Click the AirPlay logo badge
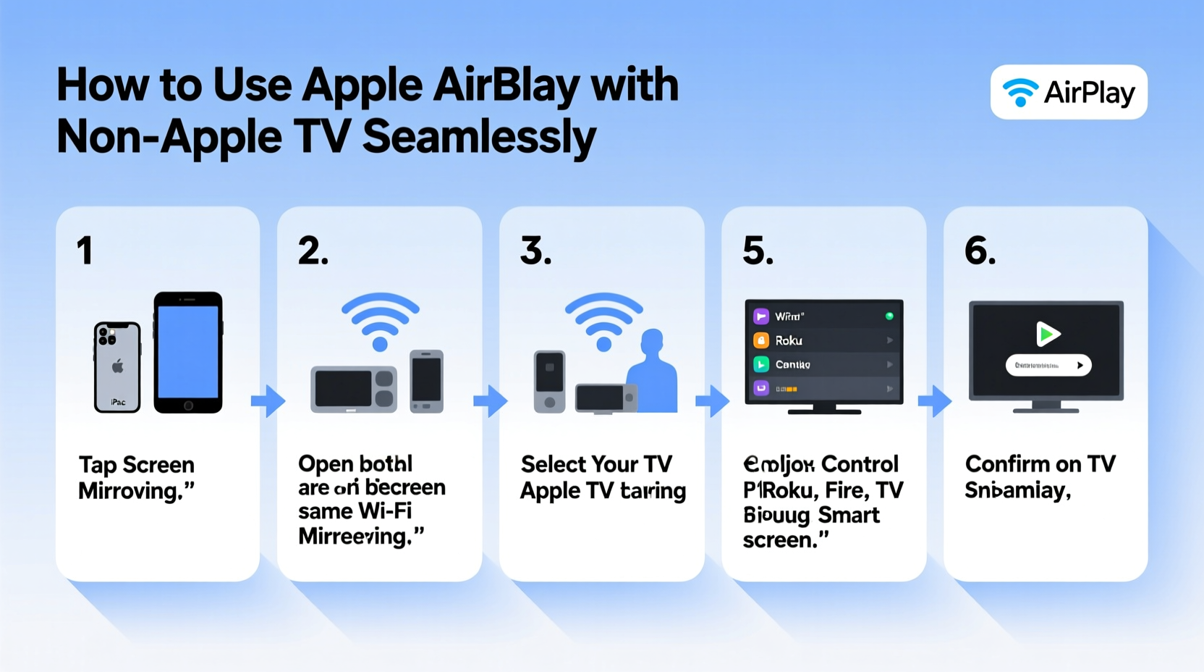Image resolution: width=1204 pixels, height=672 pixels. click(1068, 92)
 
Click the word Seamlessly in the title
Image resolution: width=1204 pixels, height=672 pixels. click(479, 137)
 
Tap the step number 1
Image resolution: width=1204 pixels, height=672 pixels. click(85, 251)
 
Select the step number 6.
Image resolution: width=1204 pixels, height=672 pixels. click(980, 251)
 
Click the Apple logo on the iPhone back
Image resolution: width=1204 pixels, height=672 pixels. click(118, 366)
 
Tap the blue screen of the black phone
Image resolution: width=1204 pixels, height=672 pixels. click(188, 352)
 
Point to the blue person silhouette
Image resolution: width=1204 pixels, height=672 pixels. click(653, 372)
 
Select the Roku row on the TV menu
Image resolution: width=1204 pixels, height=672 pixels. click(823, 340)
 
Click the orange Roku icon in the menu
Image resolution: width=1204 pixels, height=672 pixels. click(761, 340)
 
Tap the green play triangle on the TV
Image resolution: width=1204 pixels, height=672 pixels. click(1047, 334)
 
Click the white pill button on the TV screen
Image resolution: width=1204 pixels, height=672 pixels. click(1048, 365)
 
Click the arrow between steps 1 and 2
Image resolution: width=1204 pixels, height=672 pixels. click(268, 400)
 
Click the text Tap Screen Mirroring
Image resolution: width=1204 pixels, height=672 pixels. click(137, 478)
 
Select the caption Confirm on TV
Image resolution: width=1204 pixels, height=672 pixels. click(1040, 464)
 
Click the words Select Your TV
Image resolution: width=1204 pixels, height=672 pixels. click(596, 464)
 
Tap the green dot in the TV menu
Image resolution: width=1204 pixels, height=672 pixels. click(889, 316)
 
